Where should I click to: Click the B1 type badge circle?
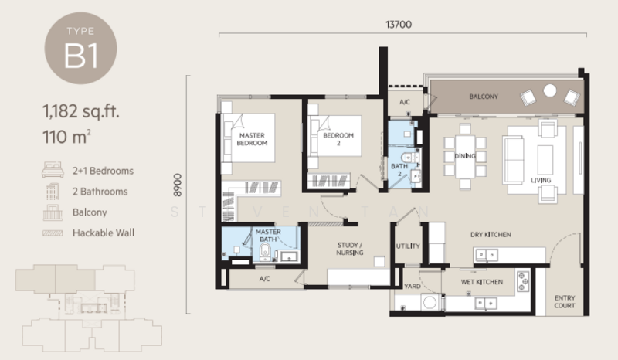80,48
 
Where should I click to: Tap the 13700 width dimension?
399,25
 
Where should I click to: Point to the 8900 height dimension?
178,185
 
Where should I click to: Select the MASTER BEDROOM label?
252,139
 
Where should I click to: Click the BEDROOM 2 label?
338,139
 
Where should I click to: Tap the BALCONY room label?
484,97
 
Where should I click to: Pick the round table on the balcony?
550,90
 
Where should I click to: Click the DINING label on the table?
465,156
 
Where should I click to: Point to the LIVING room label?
541,180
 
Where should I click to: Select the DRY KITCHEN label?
491,235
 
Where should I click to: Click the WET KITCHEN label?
481,282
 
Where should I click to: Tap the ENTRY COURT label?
565,301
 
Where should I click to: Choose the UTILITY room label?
408,246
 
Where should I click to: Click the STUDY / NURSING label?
350,249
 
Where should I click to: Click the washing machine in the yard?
430,302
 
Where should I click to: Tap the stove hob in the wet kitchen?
523,281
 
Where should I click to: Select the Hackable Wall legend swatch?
53,233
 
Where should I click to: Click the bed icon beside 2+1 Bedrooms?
53,169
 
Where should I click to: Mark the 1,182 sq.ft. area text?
81,111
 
